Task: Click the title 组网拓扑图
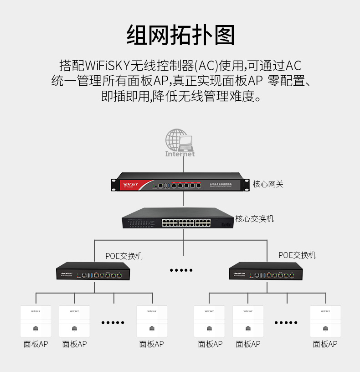[x=180, y=35]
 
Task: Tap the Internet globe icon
[x=179, y=140]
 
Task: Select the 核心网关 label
[x=268, y=184]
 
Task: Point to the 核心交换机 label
[x=254, y=219]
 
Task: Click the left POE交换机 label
[x=124, y=256]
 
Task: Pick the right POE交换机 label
[x=297, y=255]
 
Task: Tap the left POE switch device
[x=94, y=272]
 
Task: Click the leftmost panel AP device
[x=36, y=321]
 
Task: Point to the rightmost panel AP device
[x=325, y=321]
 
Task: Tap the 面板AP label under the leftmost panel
[x=36, y=344]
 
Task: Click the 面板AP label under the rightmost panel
[x=325, y=344]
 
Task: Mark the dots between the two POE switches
[x=181, y=270]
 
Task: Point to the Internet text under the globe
[x=180, y=154]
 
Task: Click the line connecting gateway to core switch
[x=183, y=199]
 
